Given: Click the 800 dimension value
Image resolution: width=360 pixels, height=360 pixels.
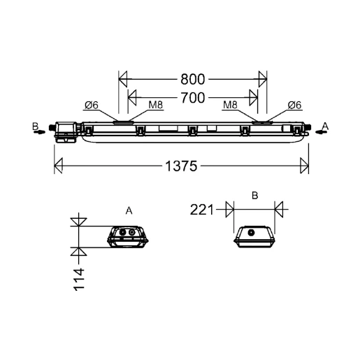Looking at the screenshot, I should pos(192,77).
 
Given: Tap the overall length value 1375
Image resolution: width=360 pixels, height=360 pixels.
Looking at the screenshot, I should pos(181,166).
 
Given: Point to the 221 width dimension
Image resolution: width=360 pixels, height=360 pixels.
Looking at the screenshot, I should pos(203,208).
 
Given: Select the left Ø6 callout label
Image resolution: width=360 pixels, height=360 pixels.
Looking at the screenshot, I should pos(92,106).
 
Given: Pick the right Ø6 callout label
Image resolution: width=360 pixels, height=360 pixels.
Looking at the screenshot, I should pos(294,106).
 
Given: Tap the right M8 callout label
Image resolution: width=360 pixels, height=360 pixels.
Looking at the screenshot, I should pos(230,106).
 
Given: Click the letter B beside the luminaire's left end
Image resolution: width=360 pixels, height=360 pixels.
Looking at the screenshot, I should pos(35,126).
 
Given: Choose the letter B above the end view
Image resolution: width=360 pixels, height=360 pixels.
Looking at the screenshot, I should pos(254,196).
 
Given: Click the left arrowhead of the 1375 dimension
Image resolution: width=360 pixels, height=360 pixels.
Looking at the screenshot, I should pos(59,166).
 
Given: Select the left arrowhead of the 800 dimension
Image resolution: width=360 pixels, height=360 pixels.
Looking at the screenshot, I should pos(122,77).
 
